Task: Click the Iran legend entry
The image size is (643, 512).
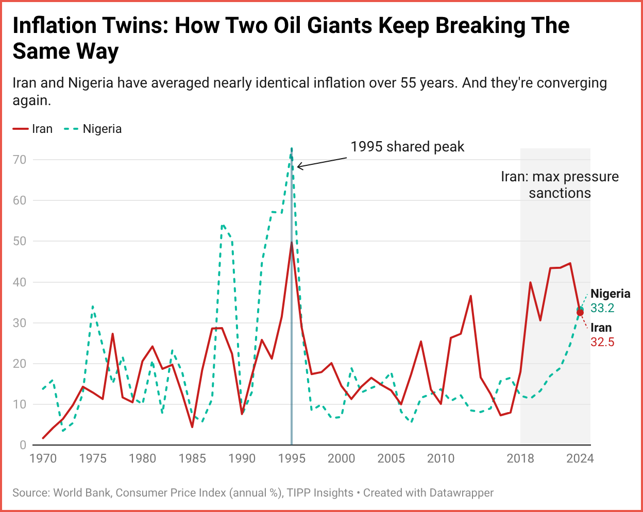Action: (x=33, y=129)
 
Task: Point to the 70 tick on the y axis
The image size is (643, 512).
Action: (x=20, y=160)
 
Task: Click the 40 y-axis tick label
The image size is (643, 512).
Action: (x=20, y=282)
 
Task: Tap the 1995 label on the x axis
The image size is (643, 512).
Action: (x=292, y=458)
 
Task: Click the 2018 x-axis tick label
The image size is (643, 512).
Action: (x=520, y=458)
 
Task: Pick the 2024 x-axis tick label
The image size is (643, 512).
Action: (x=580, y=458)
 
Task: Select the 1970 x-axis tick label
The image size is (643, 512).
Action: (x=43, y=458)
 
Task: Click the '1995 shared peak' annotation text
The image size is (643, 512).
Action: (x=407, y=147)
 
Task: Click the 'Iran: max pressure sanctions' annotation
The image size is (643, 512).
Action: (x=560, y=184)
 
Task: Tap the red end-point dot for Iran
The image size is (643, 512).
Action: (x=580, y=312)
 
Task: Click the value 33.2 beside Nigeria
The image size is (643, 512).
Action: (x=602, y=308)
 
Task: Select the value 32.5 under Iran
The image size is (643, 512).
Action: (x=602, y=342)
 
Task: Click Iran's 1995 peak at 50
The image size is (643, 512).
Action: (x=292, y=242)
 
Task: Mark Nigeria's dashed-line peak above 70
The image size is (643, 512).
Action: (x=292, y=149)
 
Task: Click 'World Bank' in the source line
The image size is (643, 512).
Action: (x=81, y=493)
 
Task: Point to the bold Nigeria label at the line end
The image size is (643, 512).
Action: (x=611, y=294)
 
